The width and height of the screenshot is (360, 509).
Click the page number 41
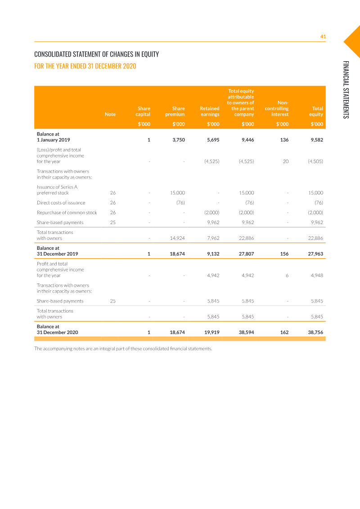coord(323,36)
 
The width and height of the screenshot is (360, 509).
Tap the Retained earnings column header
coord(210,111)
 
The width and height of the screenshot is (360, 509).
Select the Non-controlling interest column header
coord(277,108)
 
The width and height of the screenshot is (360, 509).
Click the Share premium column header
coord(178,111)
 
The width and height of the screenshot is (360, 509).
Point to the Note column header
coord(110,114)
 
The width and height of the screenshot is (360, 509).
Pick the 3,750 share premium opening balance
coord(179,140)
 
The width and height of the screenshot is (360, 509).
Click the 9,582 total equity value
coord(316,140)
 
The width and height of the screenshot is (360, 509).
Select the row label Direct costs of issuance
coord(61,203)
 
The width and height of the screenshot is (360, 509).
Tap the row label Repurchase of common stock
coord(67,212)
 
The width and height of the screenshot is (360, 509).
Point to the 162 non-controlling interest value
coord(284,333)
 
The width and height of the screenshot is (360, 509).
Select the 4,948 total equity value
coord(317,275)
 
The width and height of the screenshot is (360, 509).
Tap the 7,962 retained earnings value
coord(213,238)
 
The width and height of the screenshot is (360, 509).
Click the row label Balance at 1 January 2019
coord(53,137)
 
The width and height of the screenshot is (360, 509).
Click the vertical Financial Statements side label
coord(346,90)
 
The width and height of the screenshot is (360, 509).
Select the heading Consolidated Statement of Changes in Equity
coord(96,54)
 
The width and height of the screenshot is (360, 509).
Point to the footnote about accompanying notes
coord(123,349)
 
